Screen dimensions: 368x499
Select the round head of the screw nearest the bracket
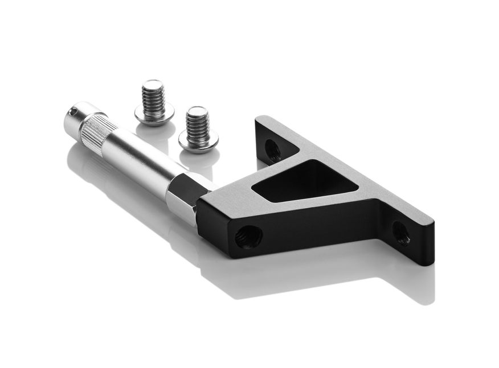[x=198, y=142]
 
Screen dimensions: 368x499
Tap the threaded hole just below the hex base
[x=248, y=236]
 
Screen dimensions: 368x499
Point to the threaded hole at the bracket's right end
[x=401, y=233]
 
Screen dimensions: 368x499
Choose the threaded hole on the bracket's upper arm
[x=273, y=150]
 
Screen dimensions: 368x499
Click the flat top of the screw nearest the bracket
[x=197, y=110]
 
